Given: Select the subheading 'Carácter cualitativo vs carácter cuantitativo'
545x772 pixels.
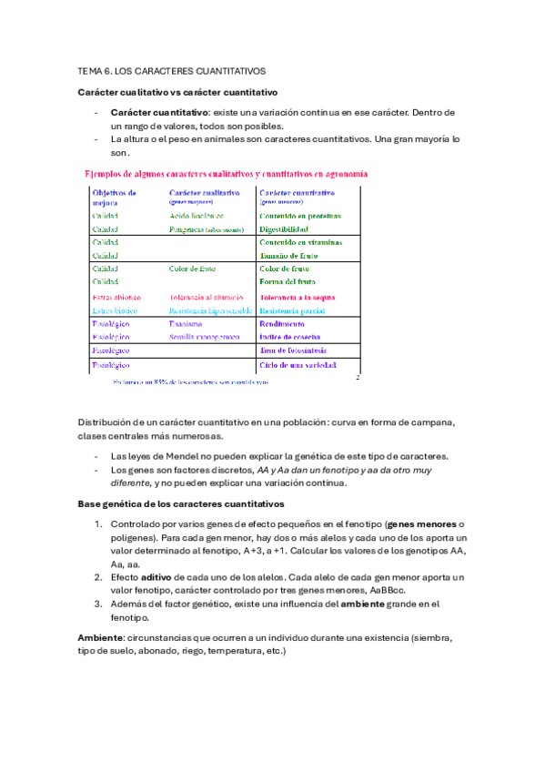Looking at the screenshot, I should coord(177,93).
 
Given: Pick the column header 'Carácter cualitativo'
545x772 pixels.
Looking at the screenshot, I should coord(204,193).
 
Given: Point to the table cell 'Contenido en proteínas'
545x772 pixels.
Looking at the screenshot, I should coord(300,216).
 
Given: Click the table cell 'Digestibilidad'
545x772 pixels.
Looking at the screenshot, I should coord(288,229).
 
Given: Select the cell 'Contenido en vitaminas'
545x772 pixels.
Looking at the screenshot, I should coord(300,243).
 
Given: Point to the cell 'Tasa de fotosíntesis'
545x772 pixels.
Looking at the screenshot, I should coord(294,350).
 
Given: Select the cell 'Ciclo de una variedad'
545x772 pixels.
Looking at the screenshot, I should coord(298,365).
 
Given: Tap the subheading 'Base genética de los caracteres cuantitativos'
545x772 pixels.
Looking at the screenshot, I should coord(181,503).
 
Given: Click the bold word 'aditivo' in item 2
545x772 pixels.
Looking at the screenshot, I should coord(156,577).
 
